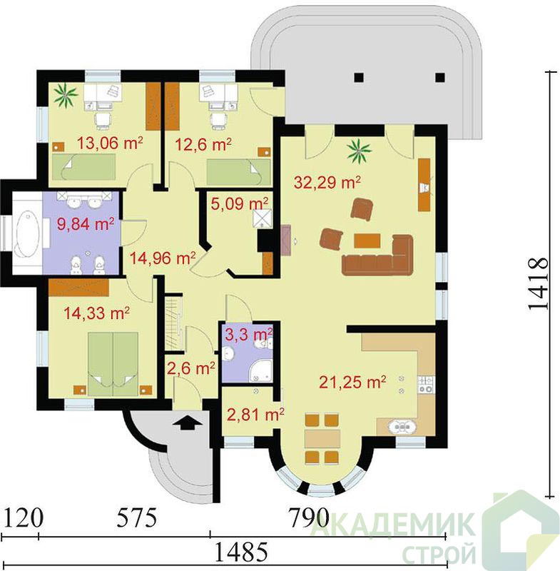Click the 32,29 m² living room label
click(x=327, y=182)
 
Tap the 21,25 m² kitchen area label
click(x=352, y=382)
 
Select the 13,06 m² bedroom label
click(x=110, y=143)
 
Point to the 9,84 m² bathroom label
click(x=86, y=223)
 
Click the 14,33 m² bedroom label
click(x=96, y=313)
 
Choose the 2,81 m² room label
click(x=255, y=414)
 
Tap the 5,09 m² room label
click(x=240, y=203)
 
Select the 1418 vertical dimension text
click(x=538, y=284)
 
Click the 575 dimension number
click(x=137, y=517)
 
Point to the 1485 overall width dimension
click(x=241, y=552)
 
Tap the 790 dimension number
click(x=309, y=517)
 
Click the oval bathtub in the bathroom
click(x=28, y=233)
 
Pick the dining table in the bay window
click(x=322, y=438)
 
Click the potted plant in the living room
click(x=358, y=151)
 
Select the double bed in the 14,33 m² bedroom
click(x=113, y=363)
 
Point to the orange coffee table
click(x=367, y=241)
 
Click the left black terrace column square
click(x=359, y=77)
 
